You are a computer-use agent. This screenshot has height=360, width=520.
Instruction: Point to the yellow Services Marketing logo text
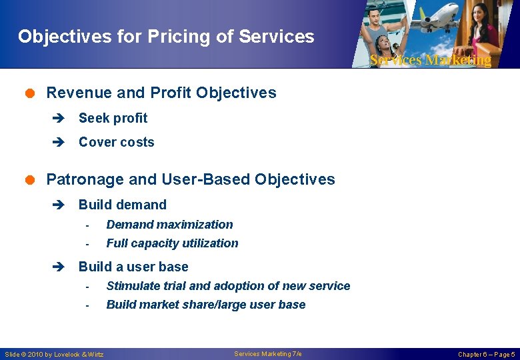pos(430,60)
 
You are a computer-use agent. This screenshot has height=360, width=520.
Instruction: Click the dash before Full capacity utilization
pos(87,244)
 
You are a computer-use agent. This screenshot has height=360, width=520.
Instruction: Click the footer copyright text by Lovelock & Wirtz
pos(55,354)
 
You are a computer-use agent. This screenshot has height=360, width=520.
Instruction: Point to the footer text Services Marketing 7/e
pos(268,353)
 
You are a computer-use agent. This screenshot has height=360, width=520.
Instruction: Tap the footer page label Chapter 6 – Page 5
pos(486,354)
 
